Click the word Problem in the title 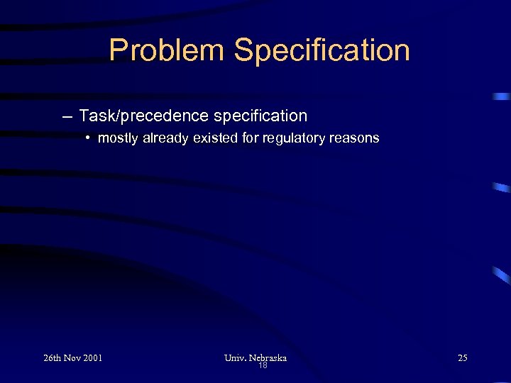(x=167, y=50)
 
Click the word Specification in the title (x=322, y=50)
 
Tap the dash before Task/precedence (x=67, y=116)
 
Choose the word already (x=165, y=138)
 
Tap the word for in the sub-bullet (x=251, y=138)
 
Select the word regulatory (x=293, y=138)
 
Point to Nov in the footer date (x=75, y=358)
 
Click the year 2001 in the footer (x=94, y=358)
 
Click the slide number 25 (x=463, y=358)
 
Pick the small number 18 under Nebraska (x=263, y=366)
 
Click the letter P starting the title (x=118, y=50)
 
